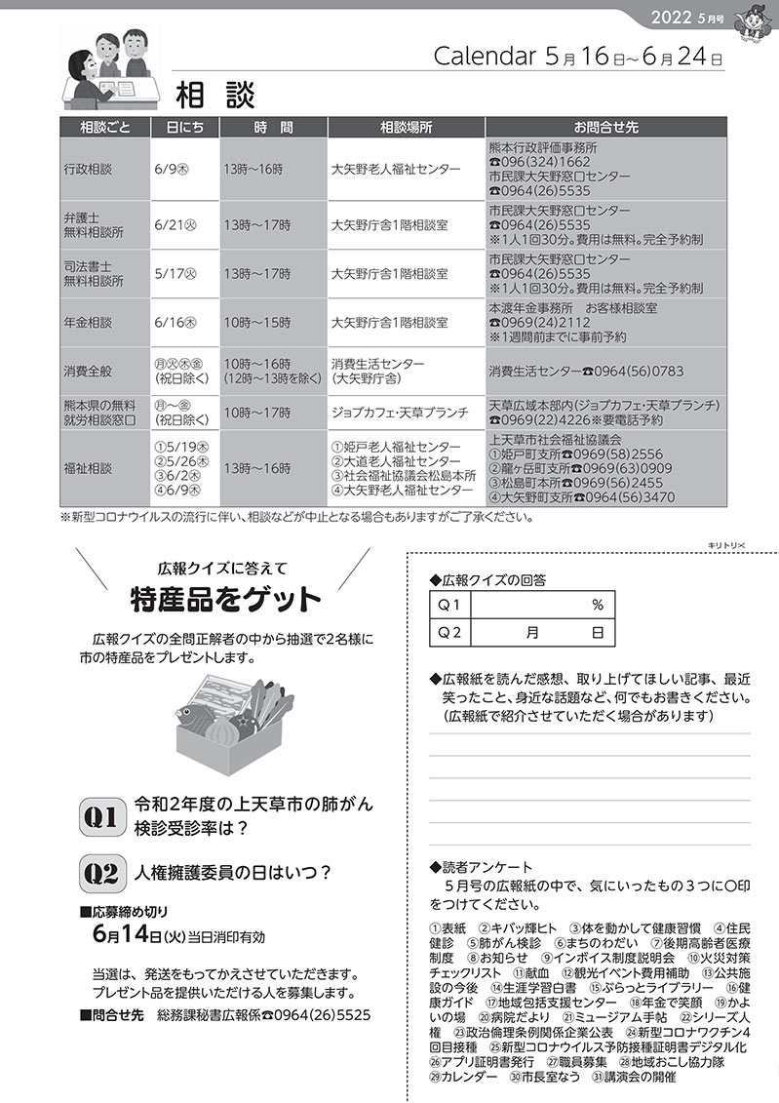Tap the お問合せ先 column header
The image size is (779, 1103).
[605, 128]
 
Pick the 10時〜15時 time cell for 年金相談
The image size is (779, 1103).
[257, 322]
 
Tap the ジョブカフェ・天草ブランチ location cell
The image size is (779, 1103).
[400, 413]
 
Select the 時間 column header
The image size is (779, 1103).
[273, 128]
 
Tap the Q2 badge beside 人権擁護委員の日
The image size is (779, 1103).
[101, 872]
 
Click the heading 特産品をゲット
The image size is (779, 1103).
[225, 597]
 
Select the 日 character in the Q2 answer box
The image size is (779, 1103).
[597, 633]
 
